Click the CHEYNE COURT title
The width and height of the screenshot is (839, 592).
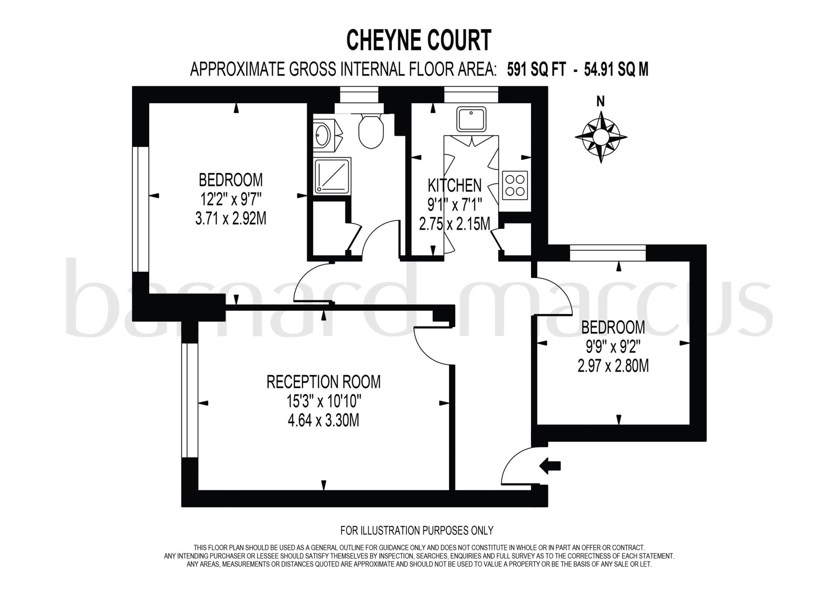point(419,40)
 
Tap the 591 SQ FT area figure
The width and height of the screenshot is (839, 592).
point(536,70)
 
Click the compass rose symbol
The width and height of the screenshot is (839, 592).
point(601,137)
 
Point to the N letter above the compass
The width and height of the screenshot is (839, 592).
point(601,101)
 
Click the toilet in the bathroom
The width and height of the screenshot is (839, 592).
point(371,130)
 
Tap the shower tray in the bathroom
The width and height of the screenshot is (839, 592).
point(332,176)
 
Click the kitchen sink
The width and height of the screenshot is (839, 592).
point(471,119)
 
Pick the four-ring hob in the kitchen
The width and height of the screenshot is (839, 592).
point(515,185)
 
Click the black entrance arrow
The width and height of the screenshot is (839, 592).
point(550,465)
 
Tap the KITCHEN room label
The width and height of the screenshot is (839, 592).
point(454,185)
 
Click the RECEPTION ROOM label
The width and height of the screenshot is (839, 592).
point(323,382)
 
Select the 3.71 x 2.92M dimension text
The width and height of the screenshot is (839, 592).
point(231,219)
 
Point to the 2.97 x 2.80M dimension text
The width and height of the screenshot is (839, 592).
point(613,366)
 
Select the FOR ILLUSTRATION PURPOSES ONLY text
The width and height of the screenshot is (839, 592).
point(417,531)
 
